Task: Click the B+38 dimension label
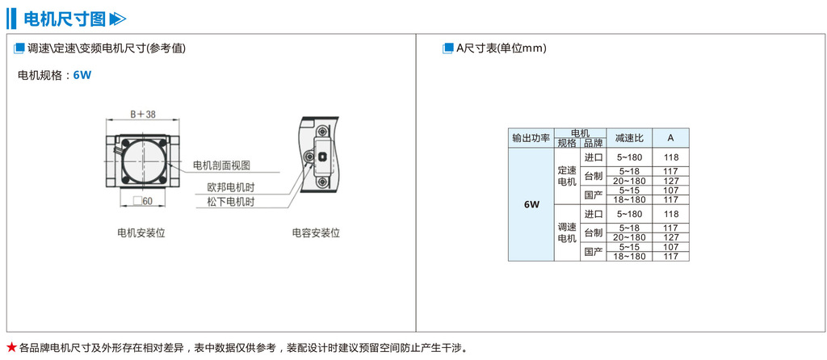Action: coord(143,115)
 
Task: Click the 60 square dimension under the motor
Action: coord(143,201)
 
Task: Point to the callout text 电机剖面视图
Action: coord(221,165)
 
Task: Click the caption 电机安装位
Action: coord(141,233)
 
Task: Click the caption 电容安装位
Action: coord(316,233)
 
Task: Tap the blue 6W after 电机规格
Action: coord(82,75)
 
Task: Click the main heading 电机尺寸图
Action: coord(65,18)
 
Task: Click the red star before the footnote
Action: coord(11,348)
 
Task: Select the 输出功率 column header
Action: coord(531,138)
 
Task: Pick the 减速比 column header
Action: coord(629,138)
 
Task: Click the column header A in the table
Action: coord(670,138)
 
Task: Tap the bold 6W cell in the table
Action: coord(531,204)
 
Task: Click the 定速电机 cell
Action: coord(567,176)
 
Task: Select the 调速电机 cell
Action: coord(567,232)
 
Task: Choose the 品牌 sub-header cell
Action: coord(594,143)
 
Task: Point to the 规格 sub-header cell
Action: coord(567,143)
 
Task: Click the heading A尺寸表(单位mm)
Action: coord(501,48)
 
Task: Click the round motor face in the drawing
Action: coord(142,162)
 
